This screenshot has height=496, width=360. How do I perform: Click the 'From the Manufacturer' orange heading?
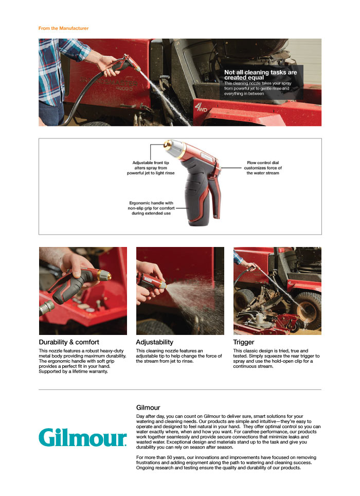(x=64, y=28)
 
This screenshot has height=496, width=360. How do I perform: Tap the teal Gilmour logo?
(x=83, y=437)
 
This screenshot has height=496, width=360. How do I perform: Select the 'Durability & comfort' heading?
(x=69, y=342)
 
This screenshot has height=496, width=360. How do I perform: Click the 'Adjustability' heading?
(x=155, y=342)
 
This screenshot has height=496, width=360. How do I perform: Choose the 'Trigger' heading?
(x=244, y=342)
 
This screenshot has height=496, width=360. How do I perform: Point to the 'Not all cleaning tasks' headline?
(x=260, y=75)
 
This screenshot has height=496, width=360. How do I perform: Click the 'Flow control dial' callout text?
(x=263, y=168)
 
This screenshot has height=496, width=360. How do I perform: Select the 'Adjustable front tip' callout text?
(x=151, y=168)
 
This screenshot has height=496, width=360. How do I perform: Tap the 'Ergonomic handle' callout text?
(x=151, y=208)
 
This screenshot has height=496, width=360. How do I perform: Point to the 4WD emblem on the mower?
(x=201, y=107)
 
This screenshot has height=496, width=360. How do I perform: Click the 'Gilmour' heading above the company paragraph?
(x=148, y=408)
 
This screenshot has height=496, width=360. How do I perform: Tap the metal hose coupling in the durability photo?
(x=46, y=308)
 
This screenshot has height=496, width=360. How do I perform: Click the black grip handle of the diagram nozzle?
(x=196, y=196)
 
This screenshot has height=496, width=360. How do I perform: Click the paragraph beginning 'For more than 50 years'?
(x=226, y=463)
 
